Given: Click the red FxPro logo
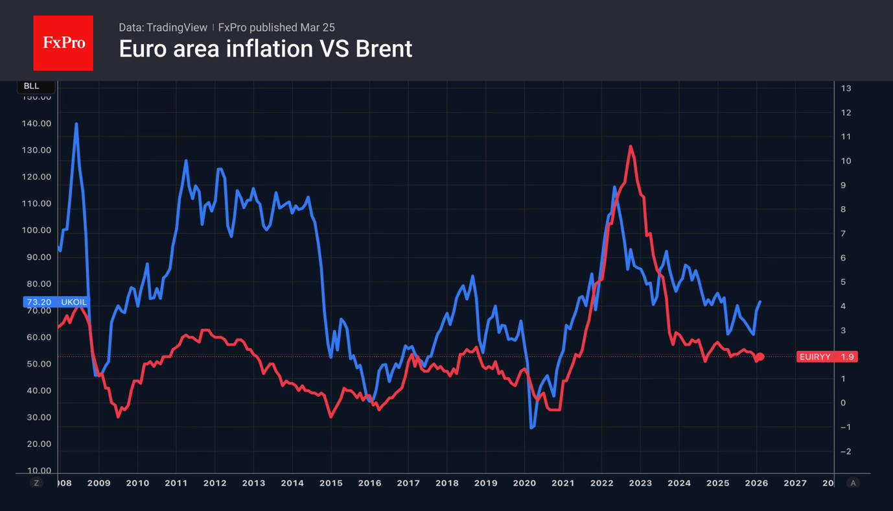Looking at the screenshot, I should point(63,43).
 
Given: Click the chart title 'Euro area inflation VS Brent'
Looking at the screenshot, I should point(265,49).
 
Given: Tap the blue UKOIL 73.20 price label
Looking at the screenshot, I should point(56,302).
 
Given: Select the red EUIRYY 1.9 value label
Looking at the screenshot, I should point(827,357).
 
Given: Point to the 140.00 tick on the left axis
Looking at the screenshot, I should point(37,123).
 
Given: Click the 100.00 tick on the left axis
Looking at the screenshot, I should point(37,230).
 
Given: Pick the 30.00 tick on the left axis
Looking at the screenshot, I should point(37,417).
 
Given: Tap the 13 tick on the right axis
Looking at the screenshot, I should point(846,88).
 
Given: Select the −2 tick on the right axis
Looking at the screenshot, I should point(846,451).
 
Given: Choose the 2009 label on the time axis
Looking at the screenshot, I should point(99,483).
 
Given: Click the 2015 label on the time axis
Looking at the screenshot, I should point(331,483).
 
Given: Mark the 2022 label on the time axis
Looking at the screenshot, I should point(601,483).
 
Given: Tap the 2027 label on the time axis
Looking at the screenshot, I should point(795,483).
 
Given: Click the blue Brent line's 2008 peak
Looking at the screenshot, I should point(76,124).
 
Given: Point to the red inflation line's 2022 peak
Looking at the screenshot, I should point(631,147).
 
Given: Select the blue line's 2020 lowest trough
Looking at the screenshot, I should point(532,428).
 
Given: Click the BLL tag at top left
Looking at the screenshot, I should point(31,86).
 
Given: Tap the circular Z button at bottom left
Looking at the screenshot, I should point(36,483).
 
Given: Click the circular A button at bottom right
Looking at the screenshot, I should point(853,483).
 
